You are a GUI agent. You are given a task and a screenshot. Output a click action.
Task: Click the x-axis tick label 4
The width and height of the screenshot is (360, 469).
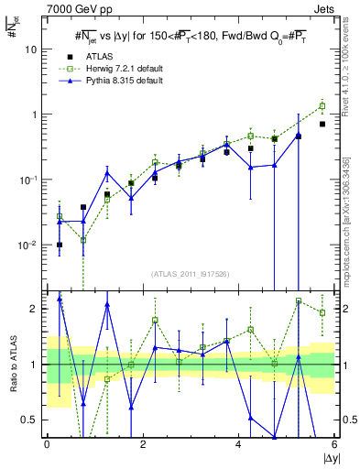[x=238, y=444]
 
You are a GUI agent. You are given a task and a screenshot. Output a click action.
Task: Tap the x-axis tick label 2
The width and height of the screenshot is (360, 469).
[x=143, y=444]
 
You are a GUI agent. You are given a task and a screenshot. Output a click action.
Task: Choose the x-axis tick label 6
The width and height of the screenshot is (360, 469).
[x=333, y=444]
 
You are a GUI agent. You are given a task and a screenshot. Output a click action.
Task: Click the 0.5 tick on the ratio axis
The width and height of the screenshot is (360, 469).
[x=30, y=420]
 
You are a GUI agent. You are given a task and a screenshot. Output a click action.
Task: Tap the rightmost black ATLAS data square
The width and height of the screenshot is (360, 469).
[x=322, y=124]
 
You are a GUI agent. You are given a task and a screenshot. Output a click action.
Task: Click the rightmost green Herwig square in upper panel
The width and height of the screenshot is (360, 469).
[x=322, y=106]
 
